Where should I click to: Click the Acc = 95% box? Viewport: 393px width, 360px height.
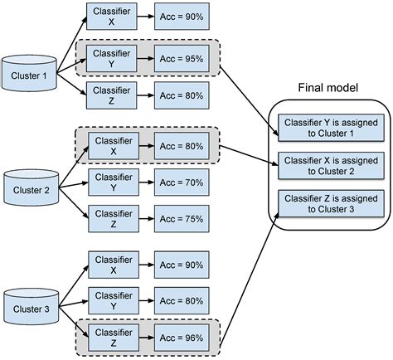182,59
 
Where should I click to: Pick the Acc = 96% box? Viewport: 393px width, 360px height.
182,337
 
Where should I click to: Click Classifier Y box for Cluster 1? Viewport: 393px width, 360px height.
112,59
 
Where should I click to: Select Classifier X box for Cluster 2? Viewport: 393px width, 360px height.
112,146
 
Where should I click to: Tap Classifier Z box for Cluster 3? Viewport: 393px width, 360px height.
112,337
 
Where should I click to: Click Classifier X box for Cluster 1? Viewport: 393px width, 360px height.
112,17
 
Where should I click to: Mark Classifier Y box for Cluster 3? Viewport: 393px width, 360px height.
112,299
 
